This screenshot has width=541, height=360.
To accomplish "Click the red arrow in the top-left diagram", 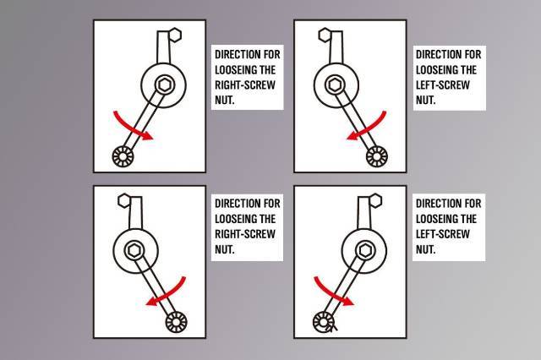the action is pyautogui.click(x=131, y=128).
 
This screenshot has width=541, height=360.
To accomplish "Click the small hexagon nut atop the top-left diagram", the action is pyautogui.click(x=175, y=35).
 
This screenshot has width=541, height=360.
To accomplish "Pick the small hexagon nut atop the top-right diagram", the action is pyautogui.click(x=325, y=35).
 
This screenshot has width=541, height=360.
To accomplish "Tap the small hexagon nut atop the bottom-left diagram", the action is pyautogui.click(x=124, y=200).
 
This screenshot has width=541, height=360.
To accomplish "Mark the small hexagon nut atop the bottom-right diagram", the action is pyautogui.click(x=375, y=200).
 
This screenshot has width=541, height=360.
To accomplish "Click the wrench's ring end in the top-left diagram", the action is pyautogui.click(x=123, y=156).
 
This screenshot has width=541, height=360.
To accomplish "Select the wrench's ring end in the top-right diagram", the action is pyautogui.click(x=377, y=156).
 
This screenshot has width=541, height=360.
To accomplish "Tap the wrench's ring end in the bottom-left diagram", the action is pyautogui.click(x=177, y=323).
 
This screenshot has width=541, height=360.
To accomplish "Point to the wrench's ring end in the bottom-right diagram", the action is pyautogui.click(x=324, y=323).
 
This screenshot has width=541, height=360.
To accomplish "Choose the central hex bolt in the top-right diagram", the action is pyautogui.click(x=335, y=85).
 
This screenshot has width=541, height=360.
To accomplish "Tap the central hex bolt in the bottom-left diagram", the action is pyautogui.click(x=134, y=251).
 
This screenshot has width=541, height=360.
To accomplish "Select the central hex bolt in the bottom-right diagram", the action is pyautogui.click(x=364, y=251).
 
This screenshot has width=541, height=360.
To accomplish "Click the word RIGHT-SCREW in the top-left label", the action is pyautogui.click(x=245, y=85).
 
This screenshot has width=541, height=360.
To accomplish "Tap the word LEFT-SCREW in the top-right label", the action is pyautogui.click(x=443, y=85).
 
